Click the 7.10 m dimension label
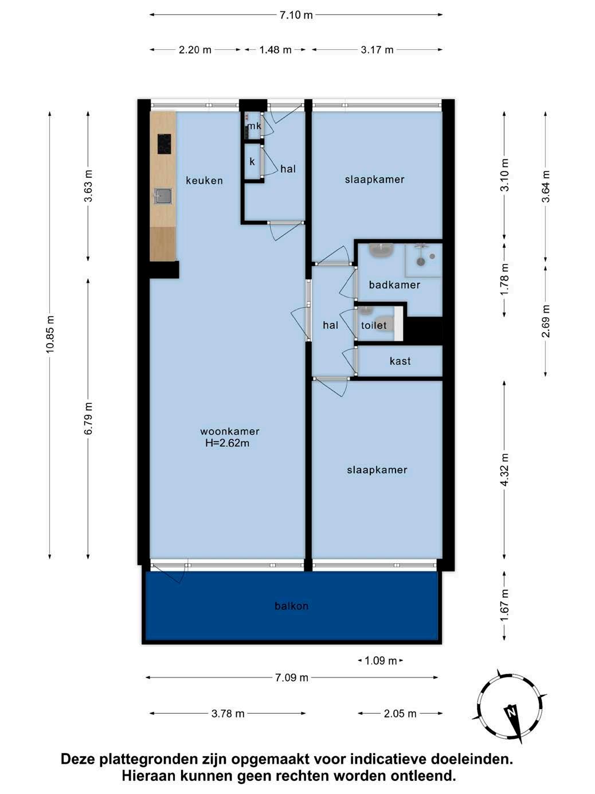(296, 15)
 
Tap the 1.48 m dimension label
(275, 49)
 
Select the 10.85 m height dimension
(50, 334)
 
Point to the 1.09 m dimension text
(381, 661)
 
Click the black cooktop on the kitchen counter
(165, 143)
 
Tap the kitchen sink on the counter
(163, 196)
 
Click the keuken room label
(204, 181)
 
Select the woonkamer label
(230, 431)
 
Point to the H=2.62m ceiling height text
(227, 443)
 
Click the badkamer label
(394, 285)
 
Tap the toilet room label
(374, 325)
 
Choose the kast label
(400, 361)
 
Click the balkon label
(292, 606)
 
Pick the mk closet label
(255, 126)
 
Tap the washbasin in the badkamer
(382, 250)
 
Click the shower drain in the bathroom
(421, 262)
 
